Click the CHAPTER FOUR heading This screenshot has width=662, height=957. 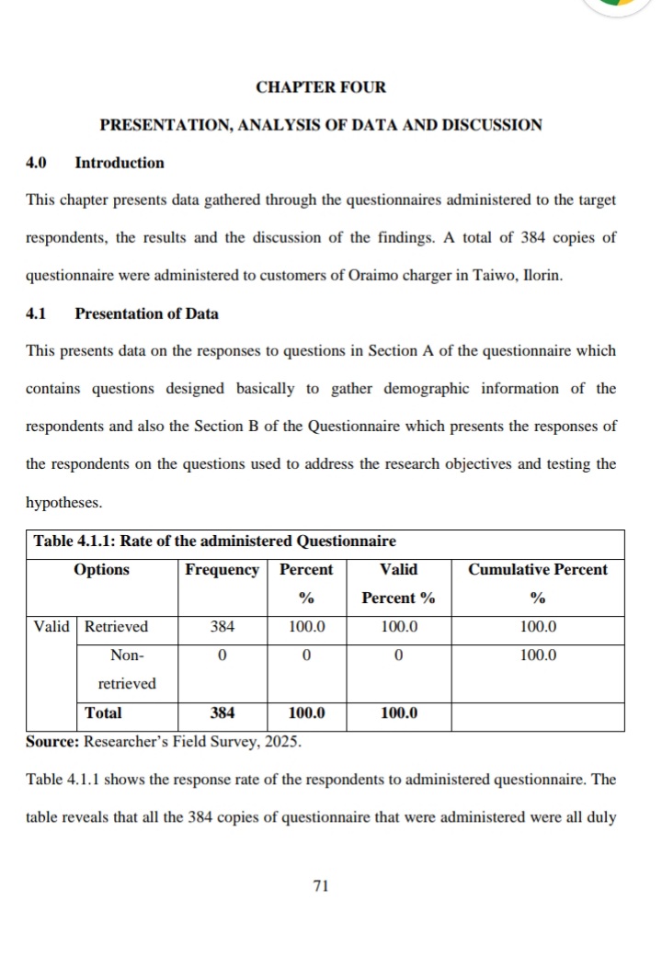321,87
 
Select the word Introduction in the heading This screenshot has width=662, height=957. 120,163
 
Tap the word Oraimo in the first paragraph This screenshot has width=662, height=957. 348,275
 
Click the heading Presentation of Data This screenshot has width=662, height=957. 146,313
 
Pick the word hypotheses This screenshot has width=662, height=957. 64,505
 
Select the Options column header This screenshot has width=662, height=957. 101,569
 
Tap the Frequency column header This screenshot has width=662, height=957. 222,569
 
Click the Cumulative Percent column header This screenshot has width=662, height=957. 538,569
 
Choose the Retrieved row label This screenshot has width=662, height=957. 117,626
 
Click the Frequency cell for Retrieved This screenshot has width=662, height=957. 222,626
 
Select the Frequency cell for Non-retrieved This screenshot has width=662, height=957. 222,655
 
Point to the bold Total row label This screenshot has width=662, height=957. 103,712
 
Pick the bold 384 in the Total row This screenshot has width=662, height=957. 222,712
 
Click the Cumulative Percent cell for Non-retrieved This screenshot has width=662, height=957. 538,655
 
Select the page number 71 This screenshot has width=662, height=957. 321,885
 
